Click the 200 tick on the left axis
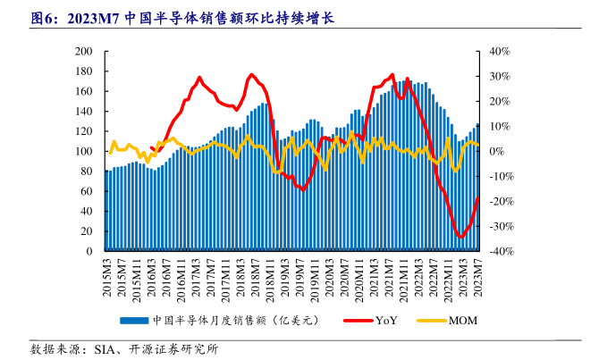pyautogui.click(x=86, y=51)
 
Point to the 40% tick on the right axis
pyautogui.click(x=498, y=51)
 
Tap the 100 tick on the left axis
pyautogui.click(x=86, y=152)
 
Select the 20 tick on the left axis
pyautogui.click(x=89, y=232)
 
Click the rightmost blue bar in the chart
pyautogui.click(x=477, y=188)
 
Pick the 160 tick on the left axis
pyautogui.click(x=86, y=91)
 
